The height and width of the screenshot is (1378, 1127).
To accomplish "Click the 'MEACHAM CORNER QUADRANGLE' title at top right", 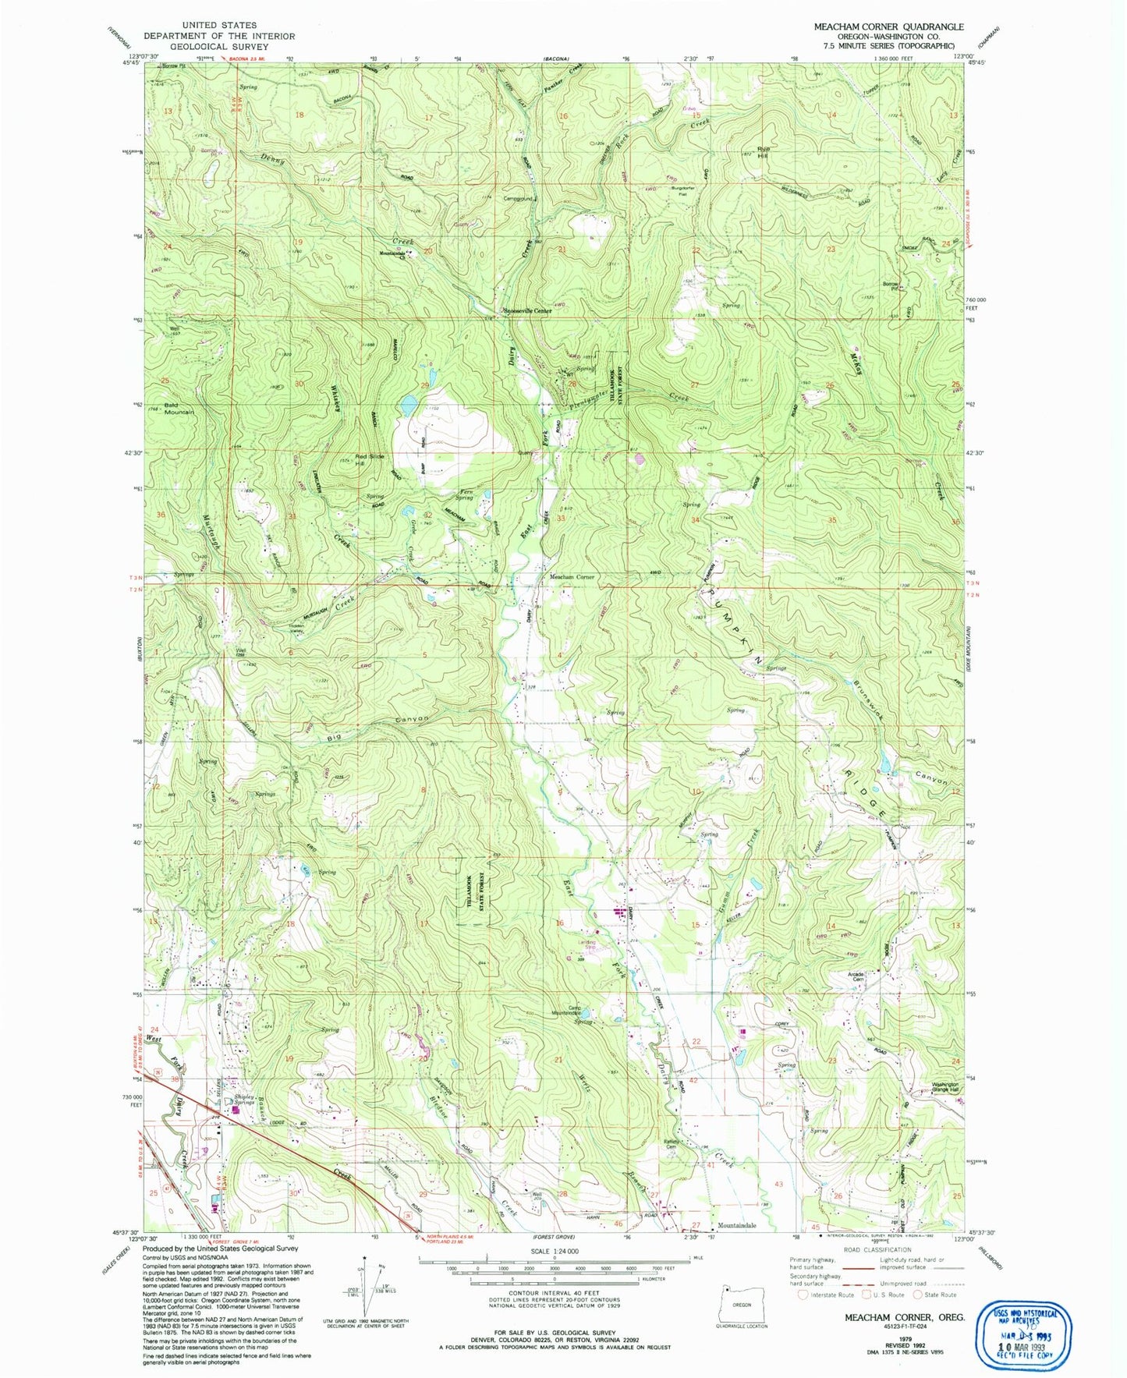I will click(x=888, y=27).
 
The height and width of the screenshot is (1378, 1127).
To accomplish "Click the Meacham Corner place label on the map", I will click(x=572, y=577).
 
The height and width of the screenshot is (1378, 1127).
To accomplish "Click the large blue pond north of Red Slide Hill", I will click(x=407, y=405).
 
